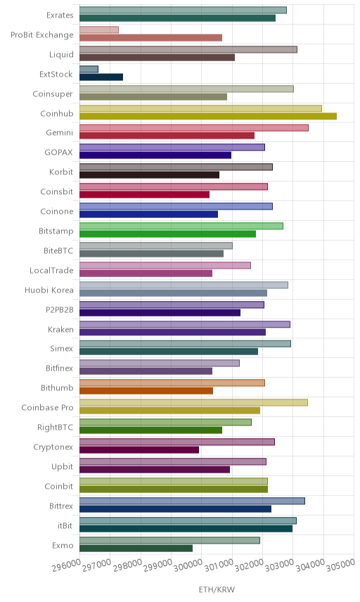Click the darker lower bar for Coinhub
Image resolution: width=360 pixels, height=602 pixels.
click(208, 116)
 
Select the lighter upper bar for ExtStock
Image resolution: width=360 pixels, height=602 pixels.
click(89, 69)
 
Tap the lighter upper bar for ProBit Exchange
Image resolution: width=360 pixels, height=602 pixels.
click(99, 30)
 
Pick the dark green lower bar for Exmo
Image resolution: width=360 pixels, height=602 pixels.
click(136, 549)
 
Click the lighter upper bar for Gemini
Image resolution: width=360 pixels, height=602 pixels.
click(194, 128)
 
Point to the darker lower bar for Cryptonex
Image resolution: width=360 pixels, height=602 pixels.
click(139, 450)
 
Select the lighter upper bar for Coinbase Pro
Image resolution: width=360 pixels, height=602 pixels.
click(194, 402)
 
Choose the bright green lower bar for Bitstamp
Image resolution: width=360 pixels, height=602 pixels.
click(168, 233)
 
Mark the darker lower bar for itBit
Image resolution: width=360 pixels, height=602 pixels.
click(186, 529)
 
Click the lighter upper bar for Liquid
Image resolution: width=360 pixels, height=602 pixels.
click(188, 49)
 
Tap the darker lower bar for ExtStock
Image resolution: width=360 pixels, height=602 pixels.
click(101, 77)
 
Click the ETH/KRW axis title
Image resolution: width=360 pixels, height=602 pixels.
click(217, 590)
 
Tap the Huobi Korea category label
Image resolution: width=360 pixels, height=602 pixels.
click(49, 290)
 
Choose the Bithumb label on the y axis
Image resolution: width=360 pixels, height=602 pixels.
click(57, 388)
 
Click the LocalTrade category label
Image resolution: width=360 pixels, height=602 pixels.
click(51, 270)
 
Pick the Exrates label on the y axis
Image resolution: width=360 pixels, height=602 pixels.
click(60, 15)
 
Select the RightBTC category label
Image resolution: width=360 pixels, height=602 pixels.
click(55, 428)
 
